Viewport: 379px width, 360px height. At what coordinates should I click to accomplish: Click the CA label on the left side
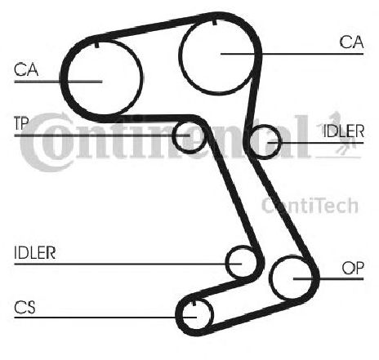click(x=26, y=69)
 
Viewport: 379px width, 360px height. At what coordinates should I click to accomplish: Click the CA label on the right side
click(x=351, y=42)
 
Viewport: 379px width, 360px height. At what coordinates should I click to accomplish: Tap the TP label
click(x=21, y=123)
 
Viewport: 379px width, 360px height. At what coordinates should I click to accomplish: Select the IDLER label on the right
click(x=343, y=131)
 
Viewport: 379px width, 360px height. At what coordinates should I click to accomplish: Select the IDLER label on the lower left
click(x=35, y=253)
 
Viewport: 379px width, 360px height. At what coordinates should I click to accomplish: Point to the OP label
click(x=353, y=268)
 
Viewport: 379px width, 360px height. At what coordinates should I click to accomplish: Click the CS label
click(x=25, y=308)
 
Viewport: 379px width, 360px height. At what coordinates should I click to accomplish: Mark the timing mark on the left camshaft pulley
click(x=96, y=45)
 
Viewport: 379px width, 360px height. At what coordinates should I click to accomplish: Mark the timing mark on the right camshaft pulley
click(x=215, y=22)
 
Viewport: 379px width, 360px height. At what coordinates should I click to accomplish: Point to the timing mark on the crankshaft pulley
click(x=194, y=303)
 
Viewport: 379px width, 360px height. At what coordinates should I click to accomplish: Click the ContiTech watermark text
click(x=310, y=206)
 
